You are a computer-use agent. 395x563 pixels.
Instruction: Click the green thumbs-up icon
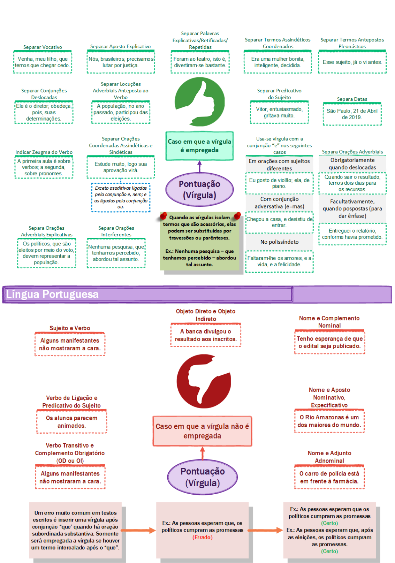(200, 102)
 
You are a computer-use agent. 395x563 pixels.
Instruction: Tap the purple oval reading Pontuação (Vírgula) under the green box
(199, 189)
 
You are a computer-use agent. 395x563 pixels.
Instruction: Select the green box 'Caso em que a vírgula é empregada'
(199, 146)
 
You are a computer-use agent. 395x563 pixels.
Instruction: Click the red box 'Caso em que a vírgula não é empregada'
(202, 431)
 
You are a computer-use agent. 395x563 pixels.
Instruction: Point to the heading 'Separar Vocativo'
(43, 47)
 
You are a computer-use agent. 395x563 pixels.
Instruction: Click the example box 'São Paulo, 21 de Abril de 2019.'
(352, 114)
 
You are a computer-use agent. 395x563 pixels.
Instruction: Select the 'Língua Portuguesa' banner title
(53, 294)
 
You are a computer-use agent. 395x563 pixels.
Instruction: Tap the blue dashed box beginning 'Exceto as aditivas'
(121, 197)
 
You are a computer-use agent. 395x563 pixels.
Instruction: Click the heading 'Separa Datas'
(352, 99)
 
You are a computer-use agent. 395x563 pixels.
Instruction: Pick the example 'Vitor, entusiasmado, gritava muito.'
(279, 112)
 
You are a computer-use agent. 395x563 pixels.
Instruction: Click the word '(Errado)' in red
(203, 537)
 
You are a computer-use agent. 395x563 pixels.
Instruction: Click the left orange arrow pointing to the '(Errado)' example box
(138, 530)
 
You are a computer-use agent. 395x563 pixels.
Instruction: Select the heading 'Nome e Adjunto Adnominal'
(329, 457)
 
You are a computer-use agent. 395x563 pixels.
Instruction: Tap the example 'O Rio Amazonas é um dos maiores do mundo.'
(329, 421)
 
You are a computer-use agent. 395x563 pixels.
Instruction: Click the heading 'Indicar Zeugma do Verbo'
(44, 152)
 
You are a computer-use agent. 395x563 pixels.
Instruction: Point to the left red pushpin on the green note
(163, 216)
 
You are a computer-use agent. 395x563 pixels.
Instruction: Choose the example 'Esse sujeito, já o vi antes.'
(352, 62)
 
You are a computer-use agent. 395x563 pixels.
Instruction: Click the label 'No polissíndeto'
(279, 242)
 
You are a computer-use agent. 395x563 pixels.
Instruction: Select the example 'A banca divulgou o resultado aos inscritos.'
(206, 335)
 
